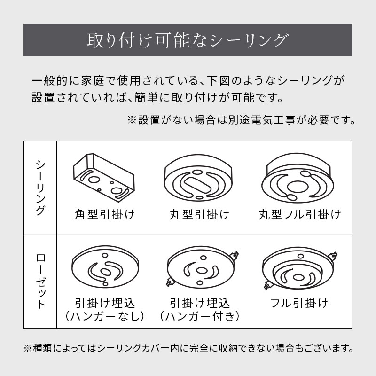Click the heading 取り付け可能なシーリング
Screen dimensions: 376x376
(x=187, y=40)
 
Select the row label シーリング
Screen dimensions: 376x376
(x=40, y=188)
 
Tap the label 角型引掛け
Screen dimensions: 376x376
(x=104, y=214)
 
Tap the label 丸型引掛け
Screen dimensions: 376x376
(x=199, y=214)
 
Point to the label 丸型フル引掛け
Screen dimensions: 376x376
(x=300, y=214)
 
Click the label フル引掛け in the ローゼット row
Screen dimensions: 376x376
(x=299, y=303)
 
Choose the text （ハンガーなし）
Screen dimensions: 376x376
(x=104, y=316)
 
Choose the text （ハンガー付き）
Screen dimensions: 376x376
(x=199, y=316)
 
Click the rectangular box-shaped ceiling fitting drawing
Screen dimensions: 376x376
(x=104, y=176)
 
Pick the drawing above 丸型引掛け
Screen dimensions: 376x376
(x=198, y=178)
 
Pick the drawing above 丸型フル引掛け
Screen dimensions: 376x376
(x=298, y=178)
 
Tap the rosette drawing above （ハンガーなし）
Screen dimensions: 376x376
(x=105, y=266)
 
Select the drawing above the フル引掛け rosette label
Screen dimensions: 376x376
(x=299, y=269)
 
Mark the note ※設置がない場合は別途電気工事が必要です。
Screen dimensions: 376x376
(x=241, y=120)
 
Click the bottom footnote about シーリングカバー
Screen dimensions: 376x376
(x=188, y=348)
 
